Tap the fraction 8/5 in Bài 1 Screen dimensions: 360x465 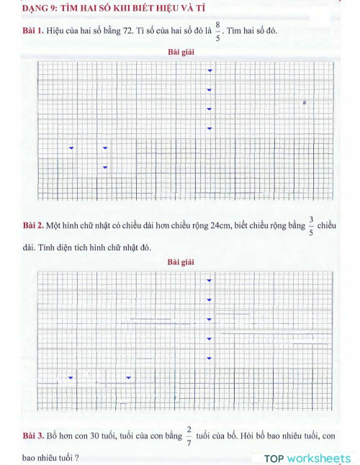(x=217, y=31)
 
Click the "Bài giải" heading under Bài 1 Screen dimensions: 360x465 (x=180, y=53)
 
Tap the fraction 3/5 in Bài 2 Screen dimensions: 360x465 (x=311, y=225)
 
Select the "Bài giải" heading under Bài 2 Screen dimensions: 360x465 (x=180, y=261)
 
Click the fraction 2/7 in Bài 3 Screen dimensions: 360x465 (x=189, y=436)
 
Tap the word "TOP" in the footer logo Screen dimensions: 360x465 (x=274, y=459)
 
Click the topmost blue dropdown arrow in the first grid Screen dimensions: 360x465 (x=210, y=71)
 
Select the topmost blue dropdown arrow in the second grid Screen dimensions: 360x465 (x=210, y=280)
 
